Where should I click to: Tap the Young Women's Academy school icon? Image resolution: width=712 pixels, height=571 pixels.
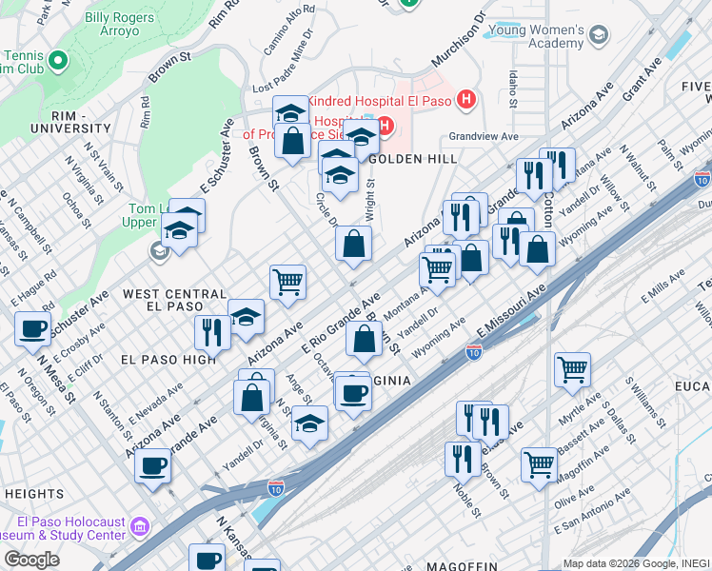(x=598, y=36)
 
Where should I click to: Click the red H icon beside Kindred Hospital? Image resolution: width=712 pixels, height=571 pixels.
(x=465, y=98)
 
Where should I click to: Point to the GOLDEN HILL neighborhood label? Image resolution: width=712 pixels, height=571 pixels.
(x=412, y=159)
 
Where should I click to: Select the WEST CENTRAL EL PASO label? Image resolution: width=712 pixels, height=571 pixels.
(x=175, y=300)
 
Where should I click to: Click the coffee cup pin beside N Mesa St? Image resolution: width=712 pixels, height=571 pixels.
(x=33, y=329)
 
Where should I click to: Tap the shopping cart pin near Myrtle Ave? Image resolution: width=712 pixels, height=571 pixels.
(x=572, y=368)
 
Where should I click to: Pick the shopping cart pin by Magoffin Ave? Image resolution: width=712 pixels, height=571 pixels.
(x=540, y=464)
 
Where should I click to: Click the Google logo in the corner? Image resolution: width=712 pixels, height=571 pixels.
(x=31, y=559)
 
